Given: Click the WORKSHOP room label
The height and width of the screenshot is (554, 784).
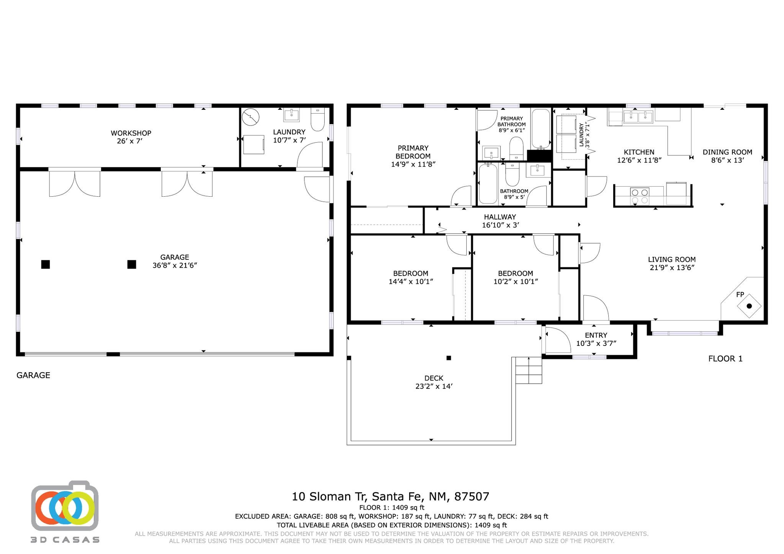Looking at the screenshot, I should click(131, 133).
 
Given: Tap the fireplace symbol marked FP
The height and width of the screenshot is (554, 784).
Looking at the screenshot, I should click(749, 306).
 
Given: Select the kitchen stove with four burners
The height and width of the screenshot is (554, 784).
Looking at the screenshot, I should click(639, 196).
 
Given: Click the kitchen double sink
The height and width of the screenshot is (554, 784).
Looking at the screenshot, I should click(638, 117).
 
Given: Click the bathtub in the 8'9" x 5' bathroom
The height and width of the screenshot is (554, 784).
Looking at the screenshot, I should click(488, 184).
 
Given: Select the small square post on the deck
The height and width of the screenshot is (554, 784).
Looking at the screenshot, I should click(449, 358).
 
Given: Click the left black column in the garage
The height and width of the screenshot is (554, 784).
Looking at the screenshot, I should click(46, 264).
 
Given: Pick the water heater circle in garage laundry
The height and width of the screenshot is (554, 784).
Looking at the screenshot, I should click(251, 117).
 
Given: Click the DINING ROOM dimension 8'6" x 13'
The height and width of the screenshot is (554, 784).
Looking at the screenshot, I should click(727, 160).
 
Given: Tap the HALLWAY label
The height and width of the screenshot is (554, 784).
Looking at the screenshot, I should click(500, 217).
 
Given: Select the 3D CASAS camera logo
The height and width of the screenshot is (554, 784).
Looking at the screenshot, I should click(64, 506).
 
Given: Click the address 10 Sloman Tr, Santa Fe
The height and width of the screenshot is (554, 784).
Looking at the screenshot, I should click(390, 497).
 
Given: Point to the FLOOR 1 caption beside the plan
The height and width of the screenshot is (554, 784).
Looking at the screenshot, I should click(725, 358).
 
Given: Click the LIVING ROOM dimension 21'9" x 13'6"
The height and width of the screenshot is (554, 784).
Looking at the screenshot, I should click(672, 267).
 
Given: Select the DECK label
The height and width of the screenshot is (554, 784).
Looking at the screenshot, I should click(434, 378).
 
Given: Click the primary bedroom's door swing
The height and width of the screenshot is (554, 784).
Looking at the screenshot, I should click(462, 196).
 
